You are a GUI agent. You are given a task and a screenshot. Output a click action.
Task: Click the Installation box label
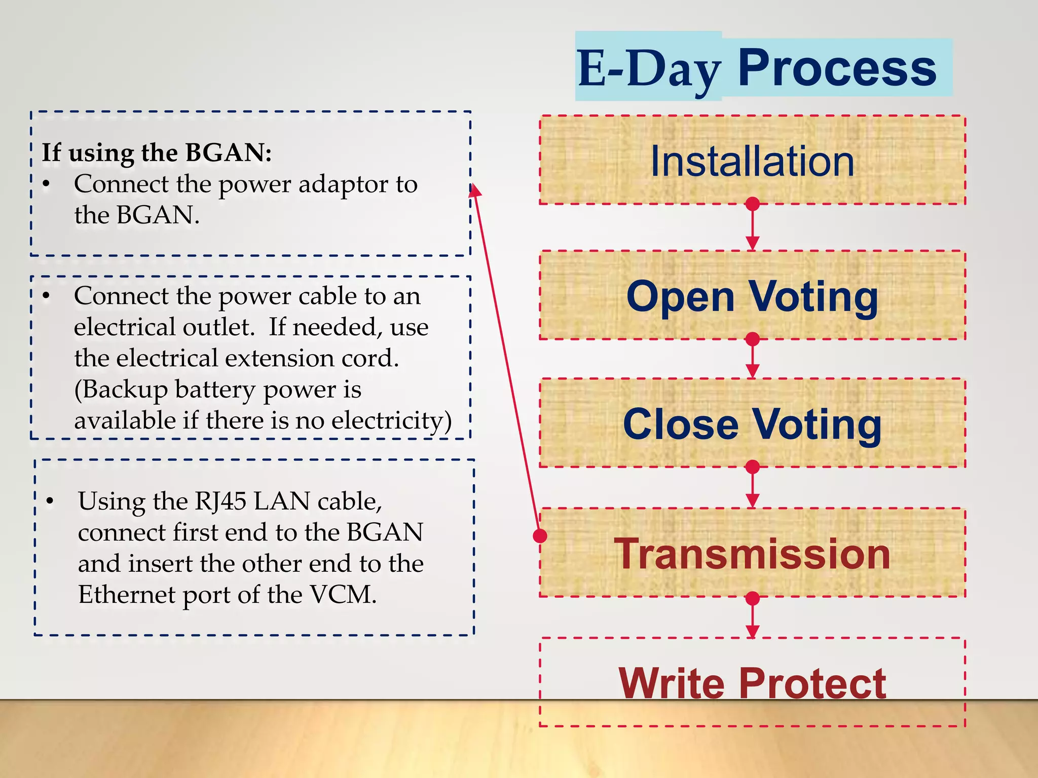pos(752,162)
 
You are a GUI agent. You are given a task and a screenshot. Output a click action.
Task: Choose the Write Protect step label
pos(752,683)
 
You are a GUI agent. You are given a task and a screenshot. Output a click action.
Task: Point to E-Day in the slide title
pos(649,69)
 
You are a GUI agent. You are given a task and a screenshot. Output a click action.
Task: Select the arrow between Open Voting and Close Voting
pos(753,359)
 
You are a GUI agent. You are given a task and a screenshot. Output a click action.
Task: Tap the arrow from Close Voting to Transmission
pos(753,487)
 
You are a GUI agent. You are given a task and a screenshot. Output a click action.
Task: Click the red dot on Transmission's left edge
pos(540,535)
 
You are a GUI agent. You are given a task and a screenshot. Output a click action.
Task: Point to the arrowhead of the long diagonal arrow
pos(474,190)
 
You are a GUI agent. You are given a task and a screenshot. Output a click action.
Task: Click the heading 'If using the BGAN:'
pos(157,152)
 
